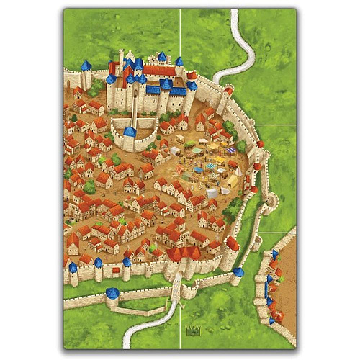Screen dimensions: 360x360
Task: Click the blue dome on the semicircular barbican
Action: coord(130,132)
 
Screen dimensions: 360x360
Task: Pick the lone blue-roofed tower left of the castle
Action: coord(86,66)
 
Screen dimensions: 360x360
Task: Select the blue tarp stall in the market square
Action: coord(199,160)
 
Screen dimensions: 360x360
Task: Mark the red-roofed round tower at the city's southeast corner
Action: coord(232,244)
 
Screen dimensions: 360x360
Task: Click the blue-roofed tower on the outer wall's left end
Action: coord(112,294)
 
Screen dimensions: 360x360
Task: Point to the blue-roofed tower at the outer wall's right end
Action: coord(238,273)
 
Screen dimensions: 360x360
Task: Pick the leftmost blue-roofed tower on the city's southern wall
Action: coord(73,269)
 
